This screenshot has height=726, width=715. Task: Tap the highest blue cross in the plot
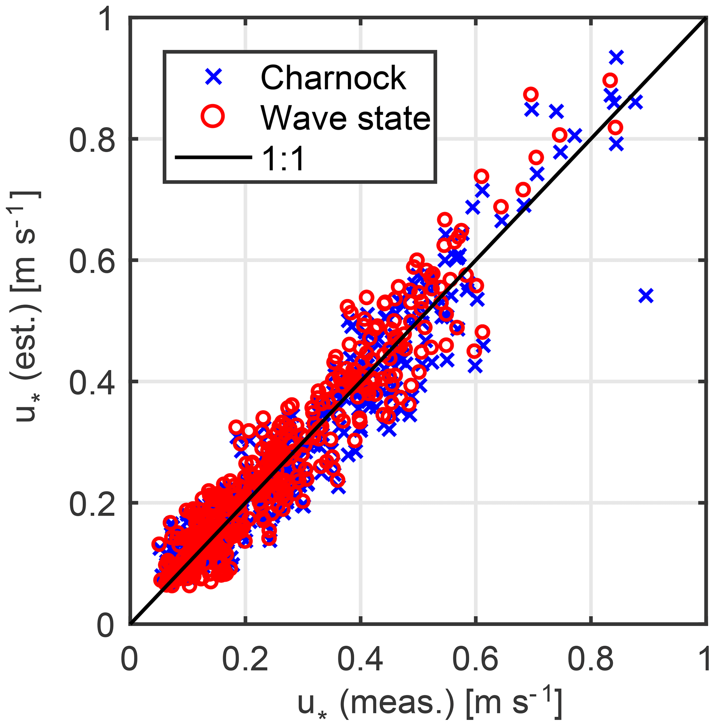pyautogui.click(x=616, y=57)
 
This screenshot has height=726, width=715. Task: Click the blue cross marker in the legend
pyautogui.click(x=213, y=77)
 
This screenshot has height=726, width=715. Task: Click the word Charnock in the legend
pyautogui.click(x=333, y=78)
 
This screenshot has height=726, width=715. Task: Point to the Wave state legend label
pyautogui.click(x=346, y=118)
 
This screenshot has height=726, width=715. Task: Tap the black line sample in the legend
pyautogui.click(x=213, y=157)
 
